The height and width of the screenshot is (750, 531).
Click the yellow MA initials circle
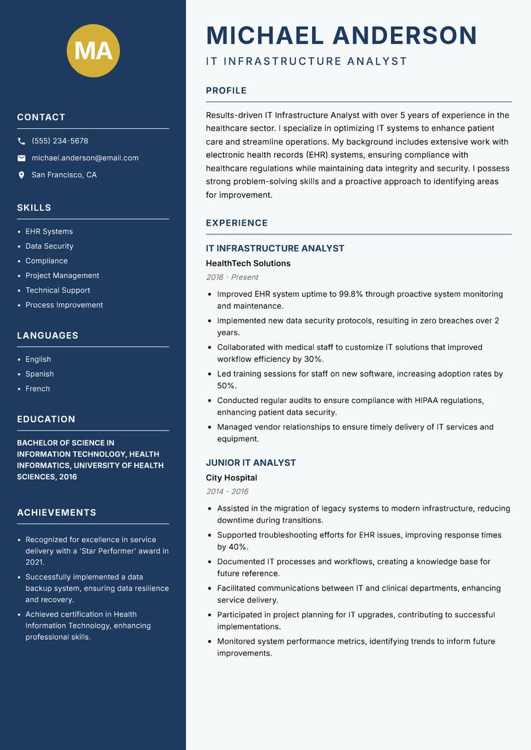click(x=94, y=50)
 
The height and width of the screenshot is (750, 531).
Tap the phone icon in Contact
click(x=21, y=141)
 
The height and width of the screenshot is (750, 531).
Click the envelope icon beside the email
click(x=21, y=158)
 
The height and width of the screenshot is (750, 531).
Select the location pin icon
click(x=21, y=175)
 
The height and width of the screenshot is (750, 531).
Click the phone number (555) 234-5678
click(x=60, y=141)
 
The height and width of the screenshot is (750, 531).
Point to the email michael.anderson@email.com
click(x=85, y=158)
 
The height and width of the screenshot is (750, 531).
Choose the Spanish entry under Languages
click(x=40, y=374)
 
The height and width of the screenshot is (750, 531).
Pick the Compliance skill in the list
click(x=46, y=261)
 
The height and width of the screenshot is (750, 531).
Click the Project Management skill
click(x=62, y=275)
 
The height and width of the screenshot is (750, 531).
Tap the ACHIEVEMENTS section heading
click(x=56, y=512)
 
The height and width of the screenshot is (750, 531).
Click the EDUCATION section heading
click(x=46, y=419)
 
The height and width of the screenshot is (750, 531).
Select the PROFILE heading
click(x=226, y=91)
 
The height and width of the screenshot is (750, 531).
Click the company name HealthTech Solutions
click(x=248, y=263)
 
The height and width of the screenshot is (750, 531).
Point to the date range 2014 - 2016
click(x=227, y=492)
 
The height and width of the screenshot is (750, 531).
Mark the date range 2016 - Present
click(x=232, y=277)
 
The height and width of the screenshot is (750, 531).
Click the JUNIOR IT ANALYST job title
click(x=251, y=463)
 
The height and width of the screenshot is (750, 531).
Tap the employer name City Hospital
click(x=231, y=478)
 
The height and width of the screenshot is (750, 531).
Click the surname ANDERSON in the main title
click(x=405, y=36)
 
